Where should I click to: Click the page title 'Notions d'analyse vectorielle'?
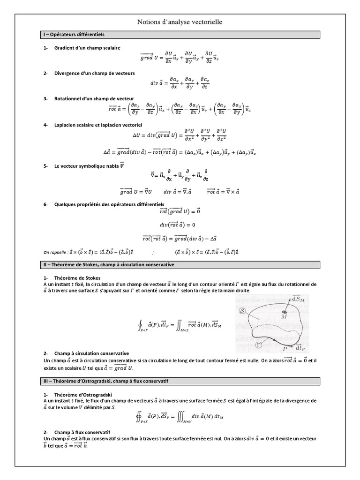click(x=180, y=22)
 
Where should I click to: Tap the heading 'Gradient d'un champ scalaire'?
click(x=87, y=48)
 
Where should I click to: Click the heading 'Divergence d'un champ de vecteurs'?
click(x=95, y=74)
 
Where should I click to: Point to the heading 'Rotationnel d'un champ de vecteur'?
click(x=94, y=99)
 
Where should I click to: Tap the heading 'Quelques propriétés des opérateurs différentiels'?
click(x=109, y=205)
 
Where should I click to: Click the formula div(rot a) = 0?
click(x=180, y=225)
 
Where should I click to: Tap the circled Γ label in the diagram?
click(x=259, y=345)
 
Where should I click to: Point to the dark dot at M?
click(x=284, y=312)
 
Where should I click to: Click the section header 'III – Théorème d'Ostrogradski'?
click(x=104, y=382)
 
